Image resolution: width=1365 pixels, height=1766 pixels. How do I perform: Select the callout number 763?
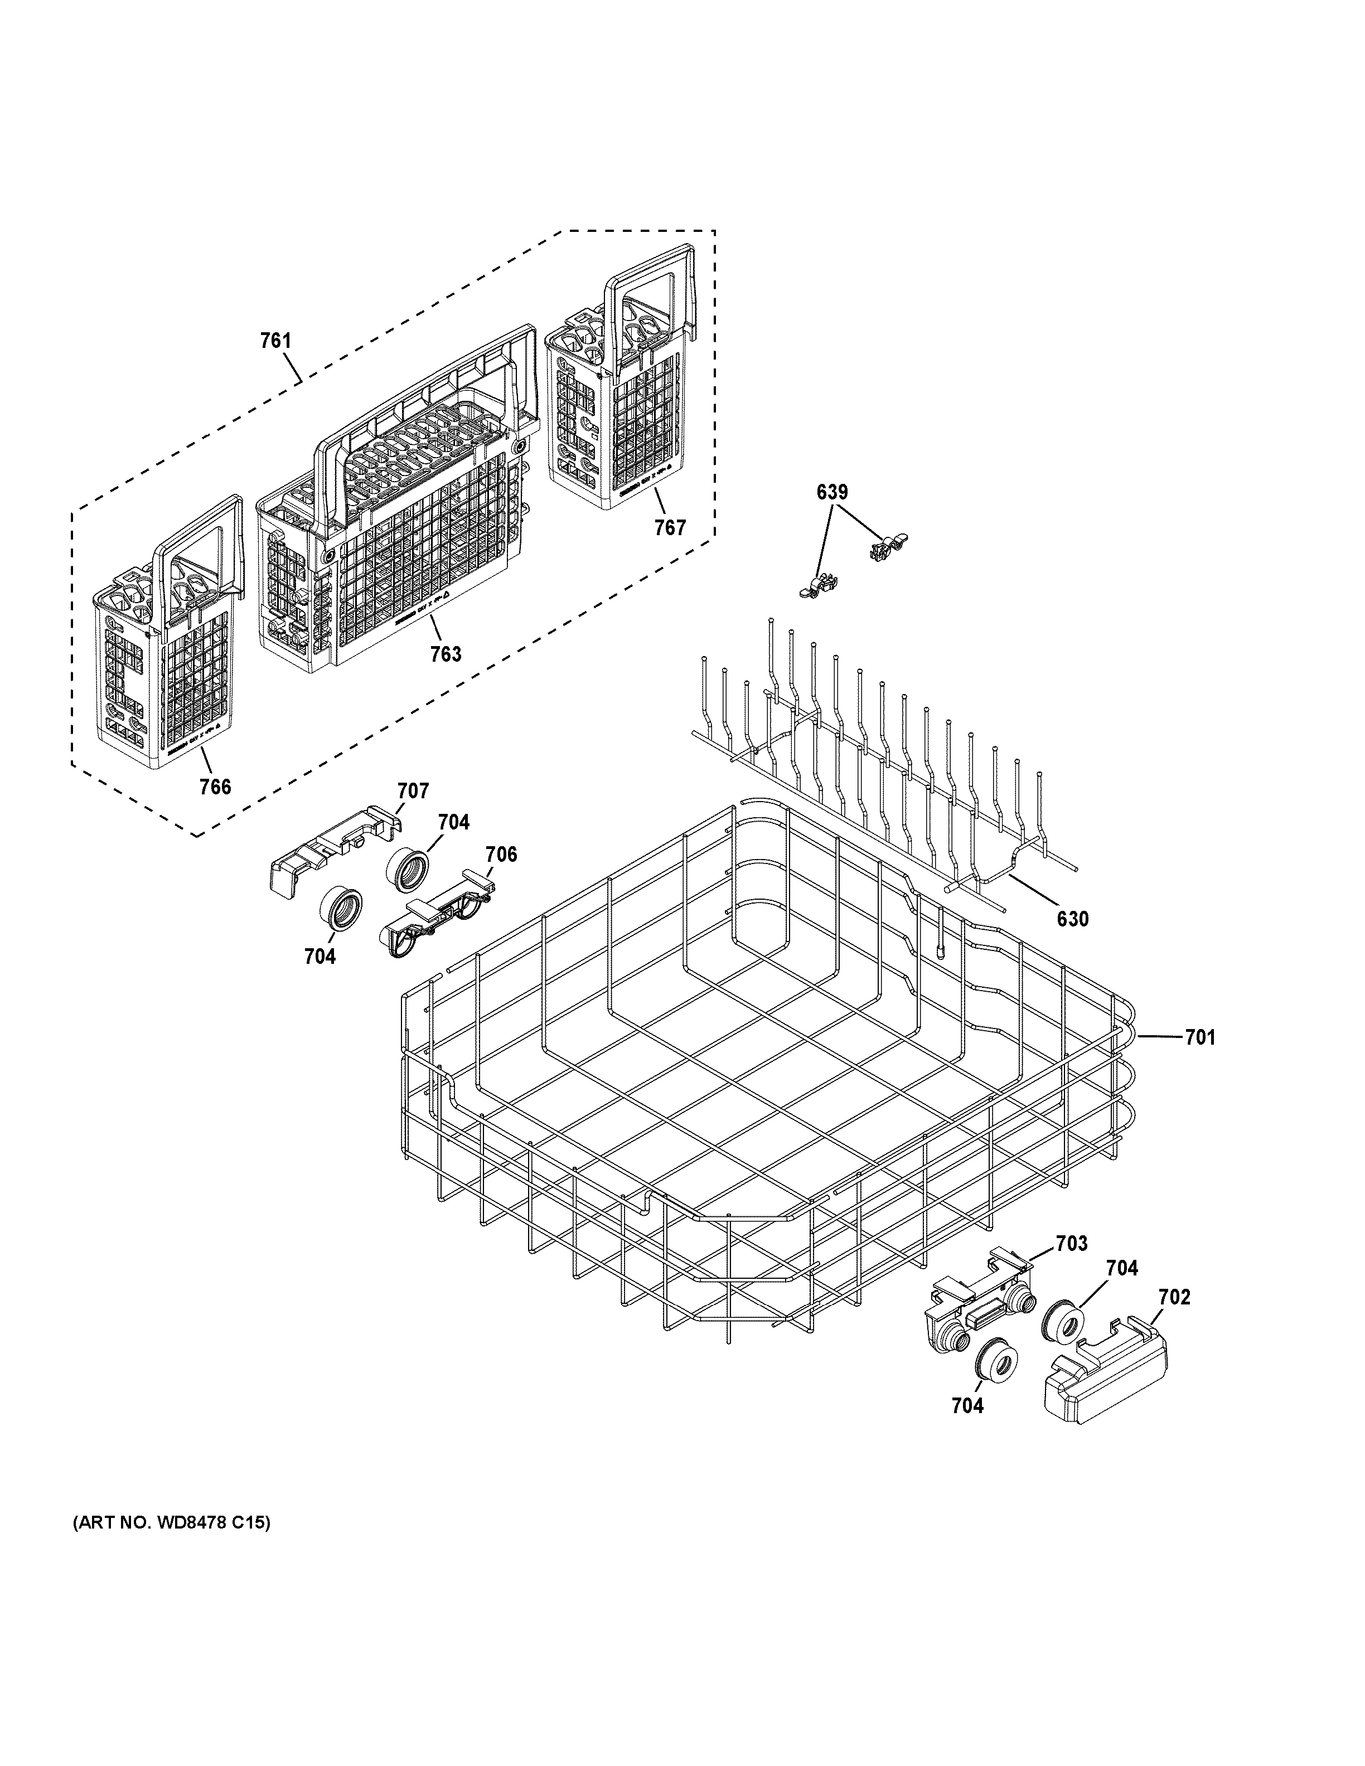446,653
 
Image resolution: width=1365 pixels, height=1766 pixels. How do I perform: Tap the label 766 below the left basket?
215,786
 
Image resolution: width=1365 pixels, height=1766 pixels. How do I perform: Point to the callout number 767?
670,528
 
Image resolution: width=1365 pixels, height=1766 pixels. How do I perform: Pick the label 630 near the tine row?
1072,919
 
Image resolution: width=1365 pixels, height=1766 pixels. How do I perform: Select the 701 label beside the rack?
1200,1037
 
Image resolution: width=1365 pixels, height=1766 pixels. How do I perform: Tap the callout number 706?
501,854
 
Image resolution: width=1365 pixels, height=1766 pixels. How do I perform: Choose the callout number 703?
1072,1244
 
